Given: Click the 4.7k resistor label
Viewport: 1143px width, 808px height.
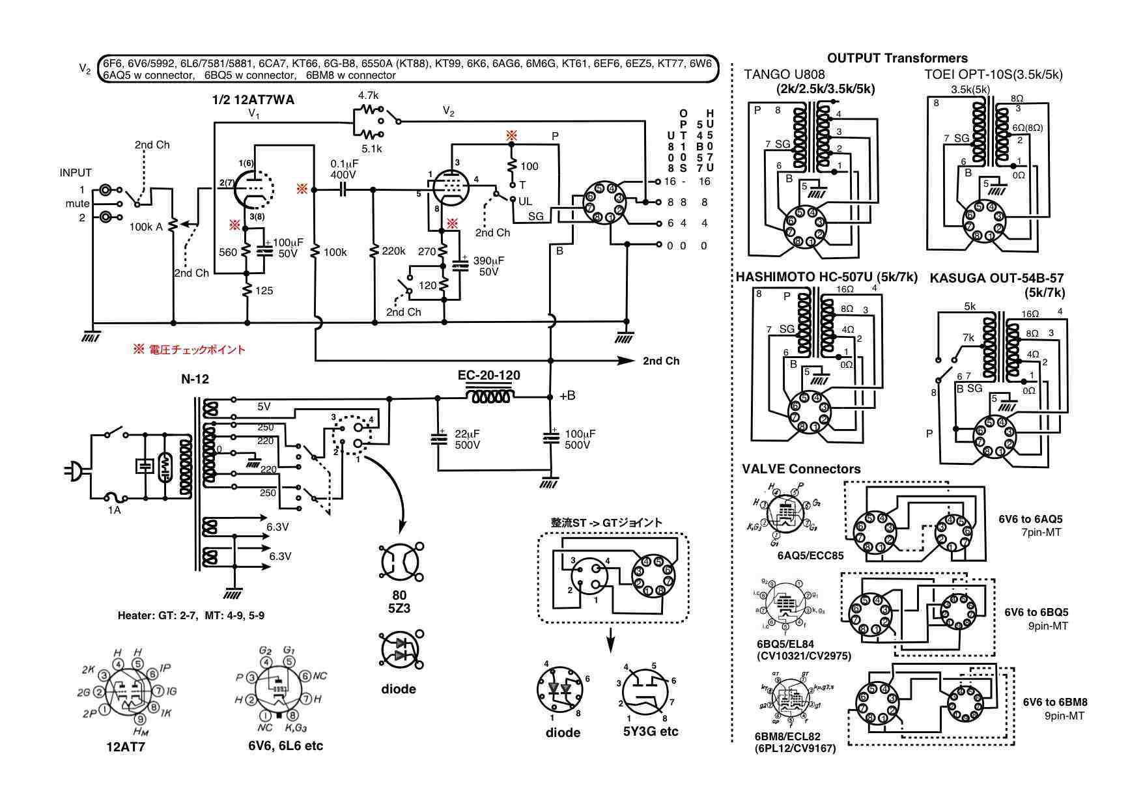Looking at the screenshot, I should tap(369, 95).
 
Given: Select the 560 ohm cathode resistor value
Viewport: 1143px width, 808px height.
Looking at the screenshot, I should tap(228, 253).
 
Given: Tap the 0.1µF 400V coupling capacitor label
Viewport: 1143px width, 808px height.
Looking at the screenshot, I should tap(343, 169).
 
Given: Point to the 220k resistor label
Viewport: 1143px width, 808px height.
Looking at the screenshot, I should tap(394, 251).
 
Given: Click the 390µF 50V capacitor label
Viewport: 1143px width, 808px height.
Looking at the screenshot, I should tap(488, 266).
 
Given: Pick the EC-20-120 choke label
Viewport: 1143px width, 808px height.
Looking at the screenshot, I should tap(488, 376).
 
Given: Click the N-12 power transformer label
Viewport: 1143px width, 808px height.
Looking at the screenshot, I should tap(195, 379).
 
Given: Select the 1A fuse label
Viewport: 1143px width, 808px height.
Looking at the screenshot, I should tap(114, 510).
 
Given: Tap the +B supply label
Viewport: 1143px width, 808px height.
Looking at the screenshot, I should tap(567, 396).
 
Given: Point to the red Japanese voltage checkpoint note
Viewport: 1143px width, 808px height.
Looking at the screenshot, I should tap(190, 350).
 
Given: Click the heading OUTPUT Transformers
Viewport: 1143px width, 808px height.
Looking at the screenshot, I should tap(897, 58).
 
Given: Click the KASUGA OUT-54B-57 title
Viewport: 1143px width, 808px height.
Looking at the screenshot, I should tap(996, 278).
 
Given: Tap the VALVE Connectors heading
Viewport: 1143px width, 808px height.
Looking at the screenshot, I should tap(800, 469).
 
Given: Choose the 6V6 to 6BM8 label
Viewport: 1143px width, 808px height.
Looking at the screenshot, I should tap(1054, 702).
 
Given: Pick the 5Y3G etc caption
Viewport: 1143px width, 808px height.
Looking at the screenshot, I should tap(650, 731).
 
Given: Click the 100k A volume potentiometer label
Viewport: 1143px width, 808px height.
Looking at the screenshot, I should tap(146, 227).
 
